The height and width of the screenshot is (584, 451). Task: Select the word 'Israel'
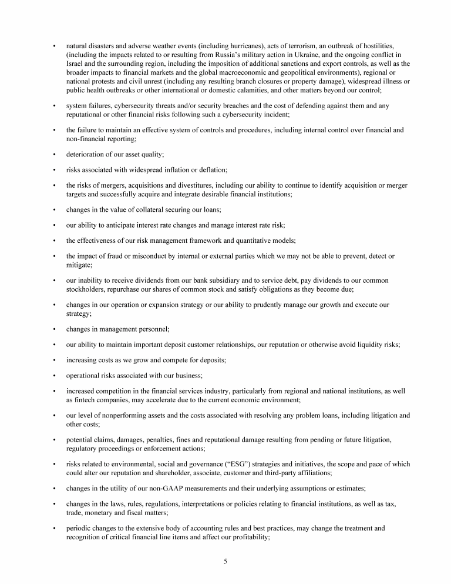[x=75, y=64]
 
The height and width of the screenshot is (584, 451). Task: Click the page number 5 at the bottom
[x=225, y=561]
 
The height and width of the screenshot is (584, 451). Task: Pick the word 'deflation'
[x=211, y=170]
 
